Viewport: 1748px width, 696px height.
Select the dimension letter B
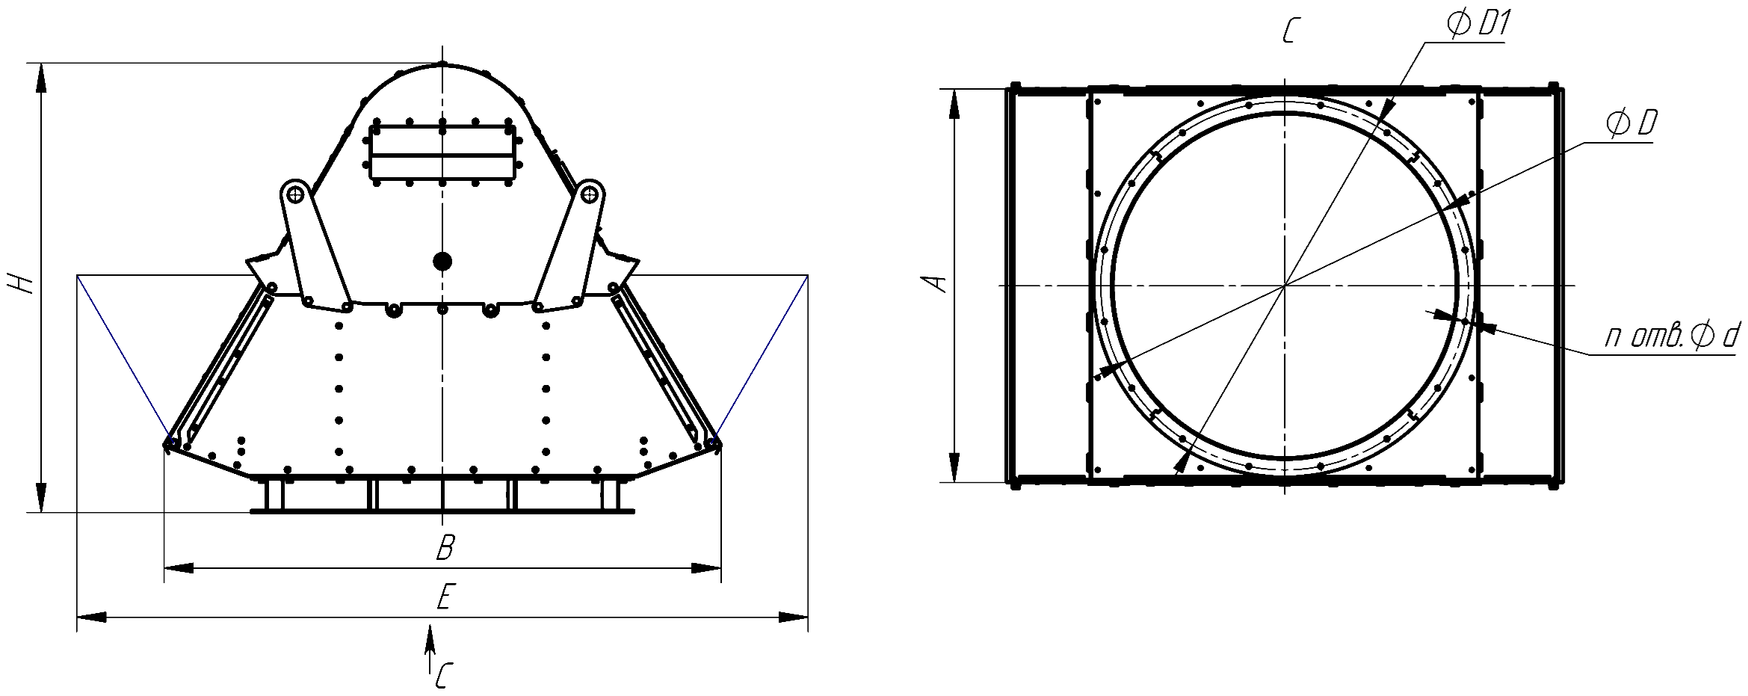pyautogui.click(x=445, y=547)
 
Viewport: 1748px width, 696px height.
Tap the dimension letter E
pyautogui.click(x=444, y=597)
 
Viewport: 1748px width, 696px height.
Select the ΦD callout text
pyautogui.click(x=1632, y=123)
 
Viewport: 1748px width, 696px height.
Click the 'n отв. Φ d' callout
pyautogui.click(x=1671, y=337)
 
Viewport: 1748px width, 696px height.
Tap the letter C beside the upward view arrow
pyautogui.click(x=444, y=675)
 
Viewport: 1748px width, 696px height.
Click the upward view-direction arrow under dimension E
pyautogui.click(x=430, y=650)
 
